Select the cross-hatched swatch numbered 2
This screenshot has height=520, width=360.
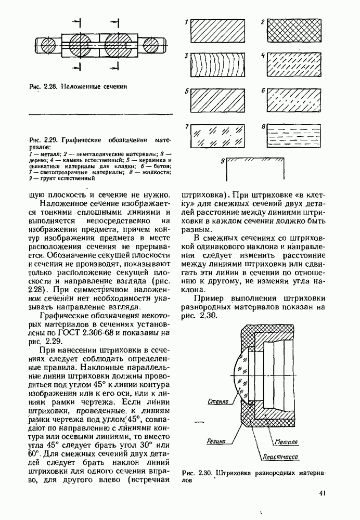click(x=290, y=31)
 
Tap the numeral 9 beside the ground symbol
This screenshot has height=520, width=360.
click(x=222, y=162)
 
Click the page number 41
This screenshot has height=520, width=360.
click(x=323, y=493)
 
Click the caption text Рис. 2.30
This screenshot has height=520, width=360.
click(x=198, y=473)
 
